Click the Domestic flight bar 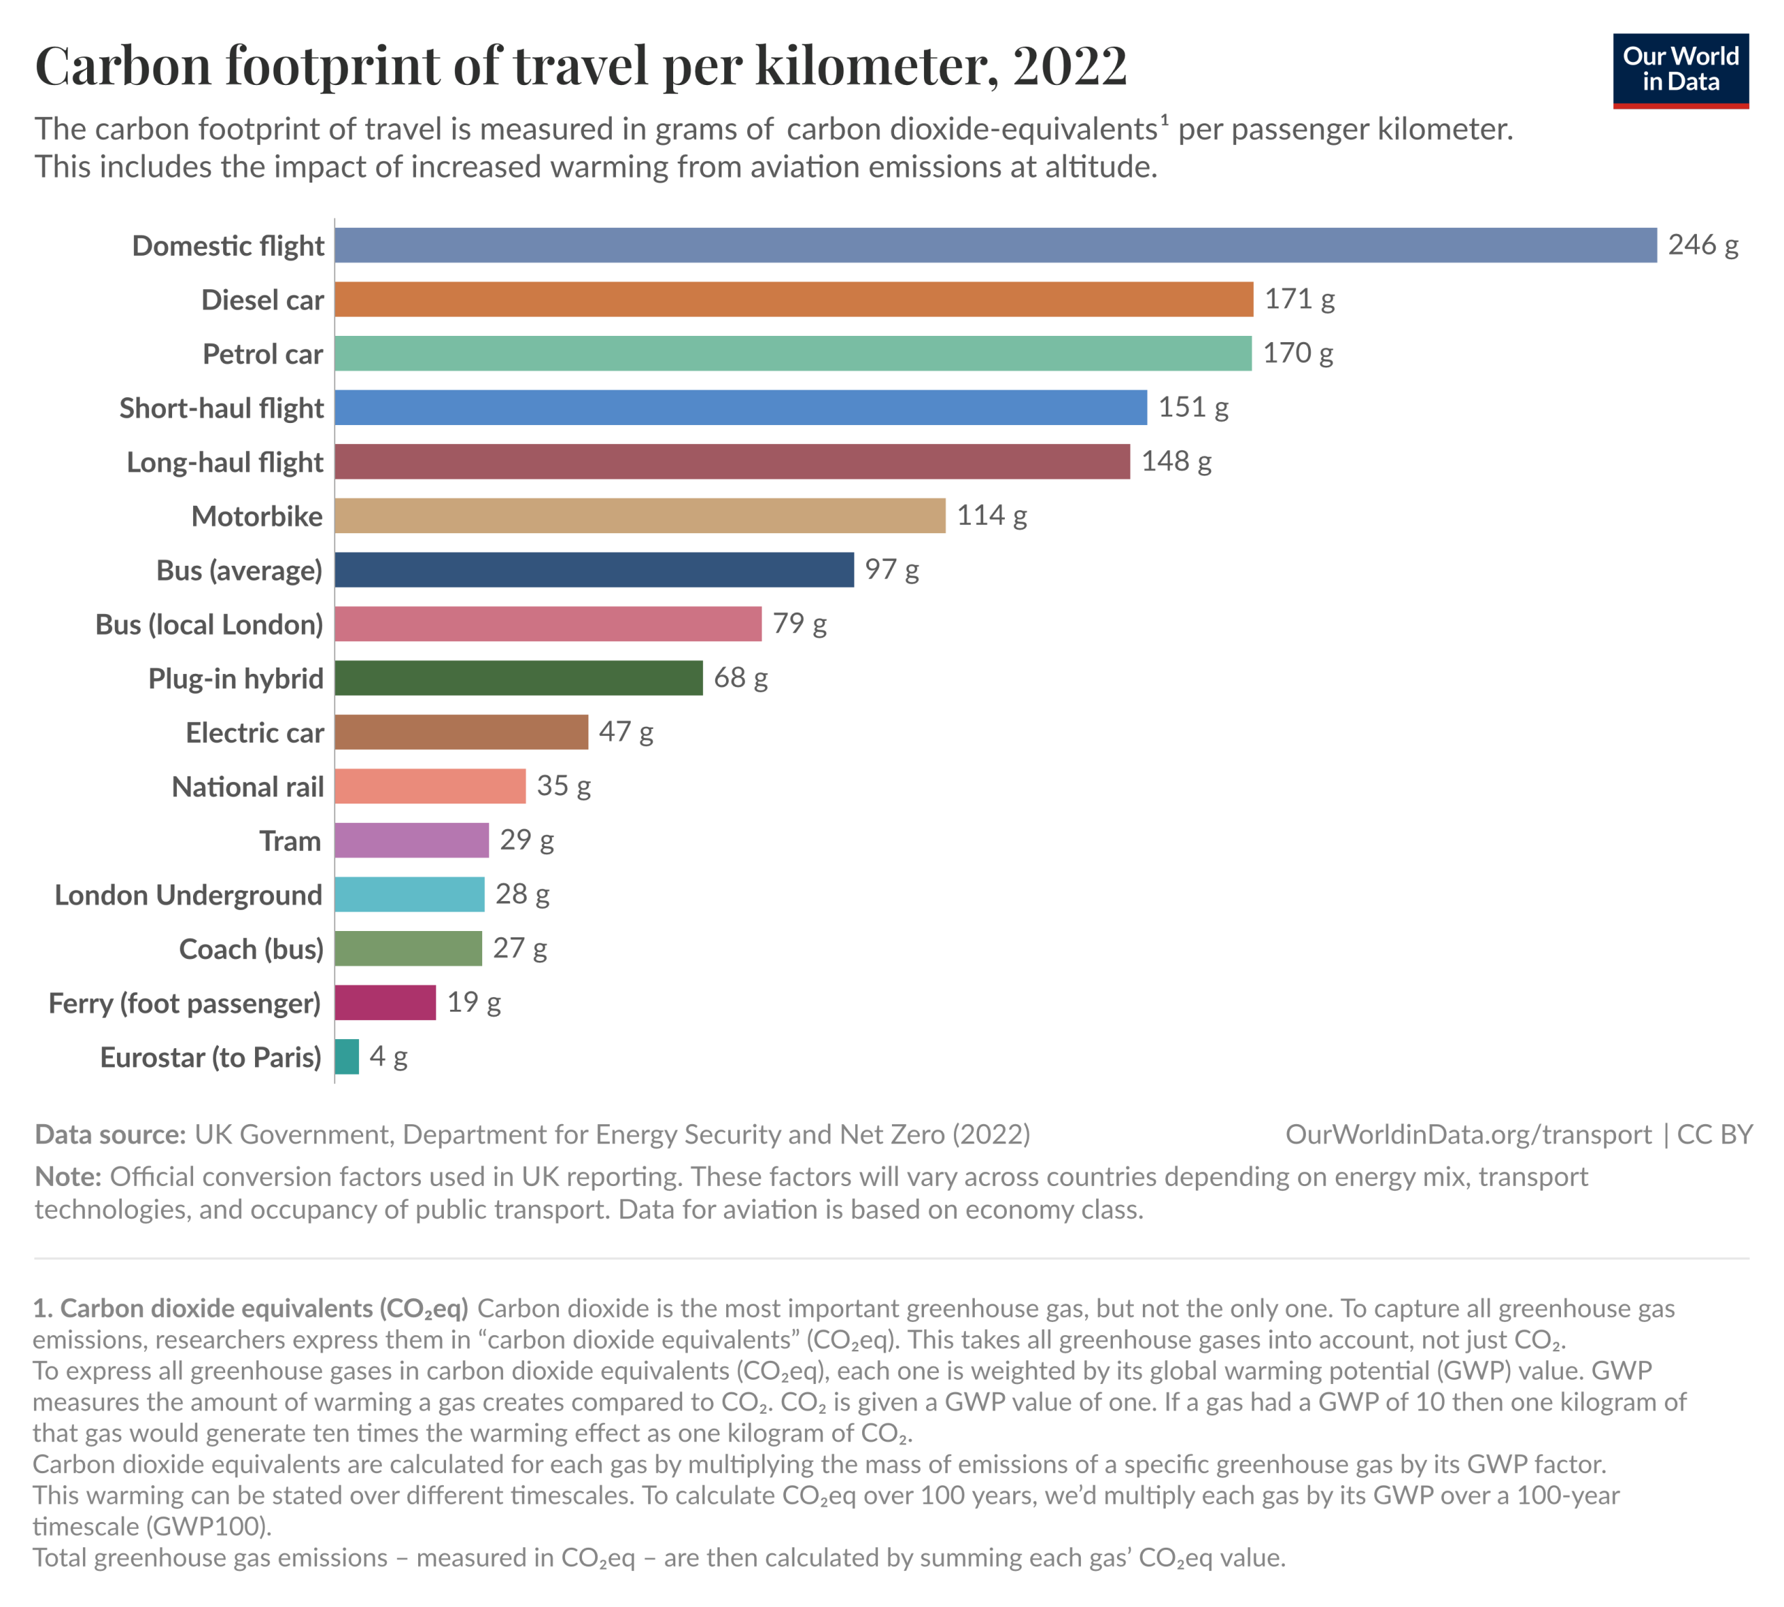pos(995,245)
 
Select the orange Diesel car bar pos(794,300)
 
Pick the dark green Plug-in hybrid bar pos(518,678)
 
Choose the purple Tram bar pos(411,840)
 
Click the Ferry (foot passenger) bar pos(385,1002)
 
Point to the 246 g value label pos(1702,245)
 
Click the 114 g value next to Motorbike pos(992,515)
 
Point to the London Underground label pos(189,895)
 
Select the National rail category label pos(248,786)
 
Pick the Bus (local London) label pos(209,624)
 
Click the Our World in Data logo pos(1680,70)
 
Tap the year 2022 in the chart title pos(1070,66)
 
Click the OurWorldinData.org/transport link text pos(1467,1135)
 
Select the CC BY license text pos(1714,1135)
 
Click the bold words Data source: pos(110,1135)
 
